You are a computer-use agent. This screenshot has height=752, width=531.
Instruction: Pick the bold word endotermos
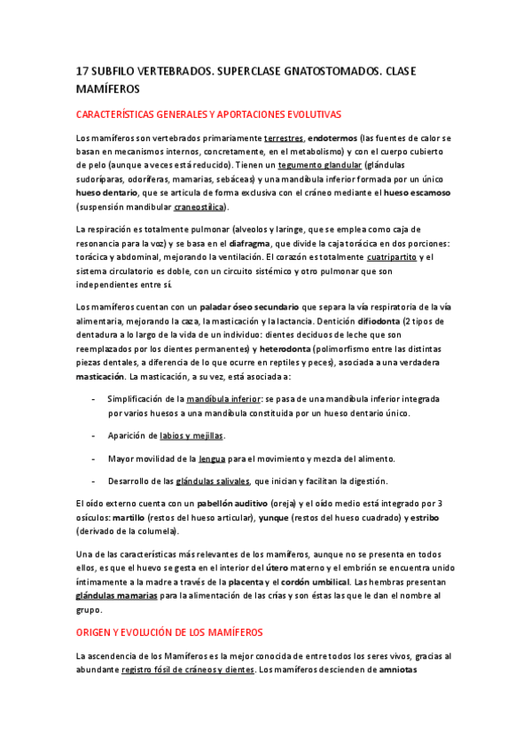pos(334,139)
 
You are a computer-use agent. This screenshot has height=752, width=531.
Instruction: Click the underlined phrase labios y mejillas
pos(191,435)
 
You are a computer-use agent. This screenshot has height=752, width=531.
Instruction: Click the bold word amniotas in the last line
pos(404,670)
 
